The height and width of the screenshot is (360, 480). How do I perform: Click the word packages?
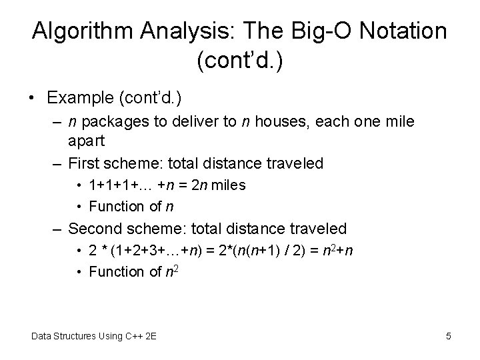(x=117, y=122)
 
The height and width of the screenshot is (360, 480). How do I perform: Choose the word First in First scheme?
(x=85, y=163)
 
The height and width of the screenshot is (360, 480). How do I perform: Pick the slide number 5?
(x=449, y=337)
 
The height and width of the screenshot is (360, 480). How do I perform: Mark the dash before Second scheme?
(x=59, y=229)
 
